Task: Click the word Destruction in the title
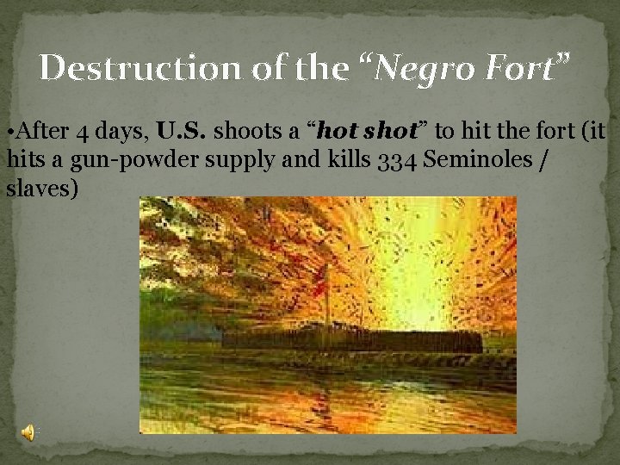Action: (x=131, y=68)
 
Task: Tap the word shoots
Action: (x=250, y=132)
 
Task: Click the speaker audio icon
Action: (x=28, y=433)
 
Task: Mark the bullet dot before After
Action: (x=10, y=133)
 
